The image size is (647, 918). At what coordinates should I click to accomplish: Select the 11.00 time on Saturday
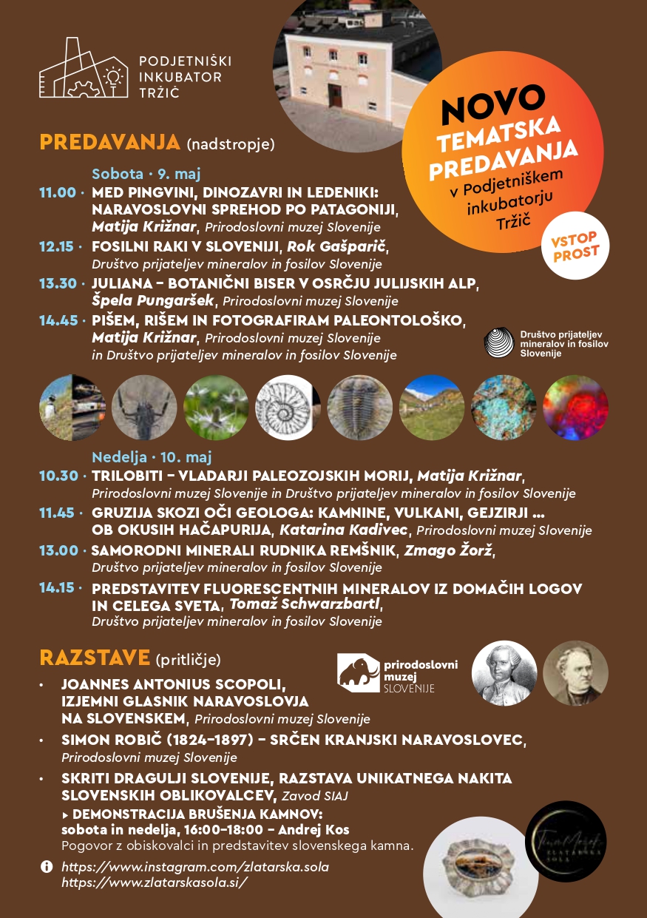point(58,192)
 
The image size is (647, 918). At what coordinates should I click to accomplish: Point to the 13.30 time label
point(58,283)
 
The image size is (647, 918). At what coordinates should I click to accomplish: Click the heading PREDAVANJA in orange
point(109,142)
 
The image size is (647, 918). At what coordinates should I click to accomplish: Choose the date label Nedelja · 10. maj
point(152,457)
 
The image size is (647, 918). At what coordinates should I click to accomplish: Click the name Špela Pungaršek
point(153,300)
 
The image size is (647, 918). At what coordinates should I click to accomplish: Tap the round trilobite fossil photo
point(360,408)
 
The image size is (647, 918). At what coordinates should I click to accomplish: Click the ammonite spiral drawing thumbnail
point(288,408)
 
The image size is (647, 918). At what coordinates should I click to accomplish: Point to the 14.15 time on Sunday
point(58,588)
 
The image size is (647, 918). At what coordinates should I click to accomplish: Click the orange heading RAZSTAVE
point(95,658)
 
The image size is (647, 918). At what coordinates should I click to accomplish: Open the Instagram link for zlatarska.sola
point(194,866)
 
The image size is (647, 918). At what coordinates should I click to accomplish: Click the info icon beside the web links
point(47,866)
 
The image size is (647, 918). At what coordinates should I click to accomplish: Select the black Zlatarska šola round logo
point(566,841)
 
